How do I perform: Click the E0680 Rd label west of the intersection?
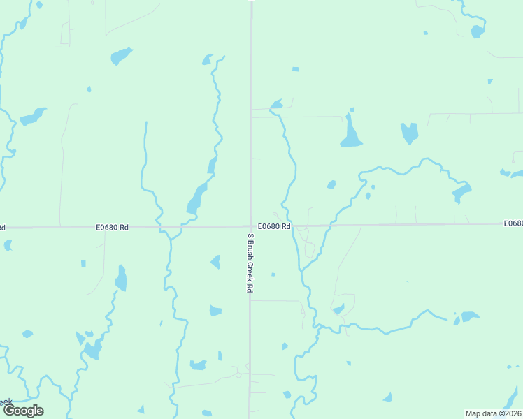[113, 227]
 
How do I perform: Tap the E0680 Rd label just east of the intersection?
[273, 226]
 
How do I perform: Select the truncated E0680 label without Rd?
[513, 223]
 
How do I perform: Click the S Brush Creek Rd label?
[248, 263]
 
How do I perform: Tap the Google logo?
[22, 410]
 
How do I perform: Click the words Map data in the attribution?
[481, 413]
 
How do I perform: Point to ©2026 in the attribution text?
[510, 413]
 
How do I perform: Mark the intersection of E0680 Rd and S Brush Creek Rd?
[251, 226]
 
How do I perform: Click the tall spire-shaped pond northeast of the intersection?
[350, 132]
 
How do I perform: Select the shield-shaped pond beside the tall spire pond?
[409, 133]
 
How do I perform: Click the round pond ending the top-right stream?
[478, 31]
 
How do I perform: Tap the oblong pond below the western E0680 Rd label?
[122, 279]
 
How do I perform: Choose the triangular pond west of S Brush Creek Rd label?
[216, 262]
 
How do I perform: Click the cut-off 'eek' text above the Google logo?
[6, 402]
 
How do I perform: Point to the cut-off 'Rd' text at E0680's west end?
[3, 228]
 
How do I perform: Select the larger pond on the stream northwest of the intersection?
[196, 200]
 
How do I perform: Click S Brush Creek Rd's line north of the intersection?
[251, 105]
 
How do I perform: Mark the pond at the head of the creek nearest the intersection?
[276, 105]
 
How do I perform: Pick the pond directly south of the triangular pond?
[215, 310]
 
